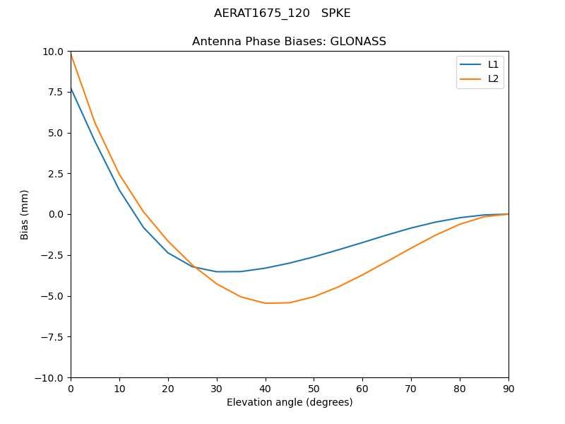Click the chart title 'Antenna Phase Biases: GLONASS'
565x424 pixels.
[289, 42]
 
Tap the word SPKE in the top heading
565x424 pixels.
[336, 13]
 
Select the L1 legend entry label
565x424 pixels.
[493, 64]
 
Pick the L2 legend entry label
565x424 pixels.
[493, 78]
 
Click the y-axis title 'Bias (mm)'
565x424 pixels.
[25, 214]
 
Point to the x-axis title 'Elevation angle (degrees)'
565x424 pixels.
[289, 403]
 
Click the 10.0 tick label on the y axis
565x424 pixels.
[54, 52]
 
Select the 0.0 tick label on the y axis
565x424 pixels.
[56, 214]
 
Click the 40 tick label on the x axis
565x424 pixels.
[265, 388]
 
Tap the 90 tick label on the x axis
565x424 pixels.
[508, 388]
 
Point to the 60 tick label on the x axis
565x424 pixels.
[362, 388]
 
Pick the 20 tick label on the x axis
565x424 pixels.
[168, 388]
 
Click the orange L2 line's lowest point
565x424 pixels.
[266, 303]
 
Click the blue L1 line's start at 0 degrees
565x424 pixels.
[71, 88]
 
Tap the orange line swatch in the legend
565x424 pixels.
[470, 78]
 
